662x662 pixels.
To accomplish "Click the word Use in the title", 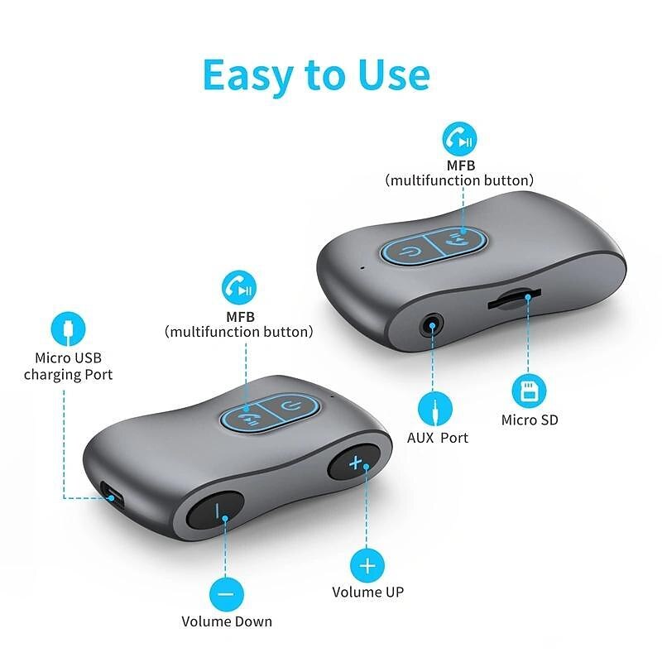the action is pyautogui.click(x=394, y=74).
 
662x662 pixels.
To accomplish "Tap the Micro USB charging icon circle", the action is pyautogui.click(x=68, y=329).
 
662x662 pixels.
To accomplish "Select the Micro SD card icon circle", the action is pyautogui.click(x=529, y=391).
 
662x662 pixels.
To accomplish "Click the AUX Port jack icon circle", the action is pyautogui.click(x=435, y=409).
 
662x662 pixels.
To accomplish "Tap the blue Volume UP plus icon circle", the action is pyautogui.click(x=367, y=565).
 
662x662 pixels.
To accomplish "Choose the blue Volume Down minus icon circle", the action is pyautogui.click(x=227, y=594).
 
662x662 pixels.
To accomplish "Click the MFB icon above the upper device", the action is pyautogui.click(x=459, y=139).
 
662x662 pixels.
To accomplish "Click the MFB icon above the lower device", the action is pyautogui.click(x=239, y=287).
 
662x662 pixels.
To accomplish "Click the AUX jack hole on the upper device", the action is pyautogui.click(x=432, y=325).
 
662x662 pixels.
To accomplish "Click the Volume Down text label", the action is pyautogui.click(x=227, y=621).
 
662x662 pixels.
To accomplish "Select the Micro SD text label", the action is pyautogui.click(x=530, y=420).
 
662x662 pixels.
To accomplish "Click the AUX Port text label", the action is pyautogui.click(x=438, y=438).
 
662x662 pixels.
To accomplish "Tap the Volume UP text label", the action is pyautogui.click(x=367, y=592).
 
